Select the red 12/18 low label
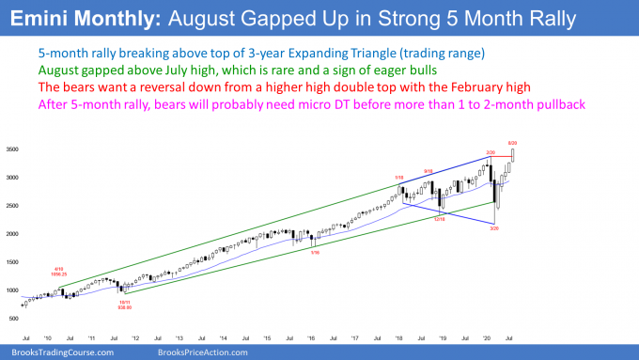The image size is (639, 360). click(438, 219)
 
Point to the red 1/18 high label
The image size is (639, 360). click(398, 176)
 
